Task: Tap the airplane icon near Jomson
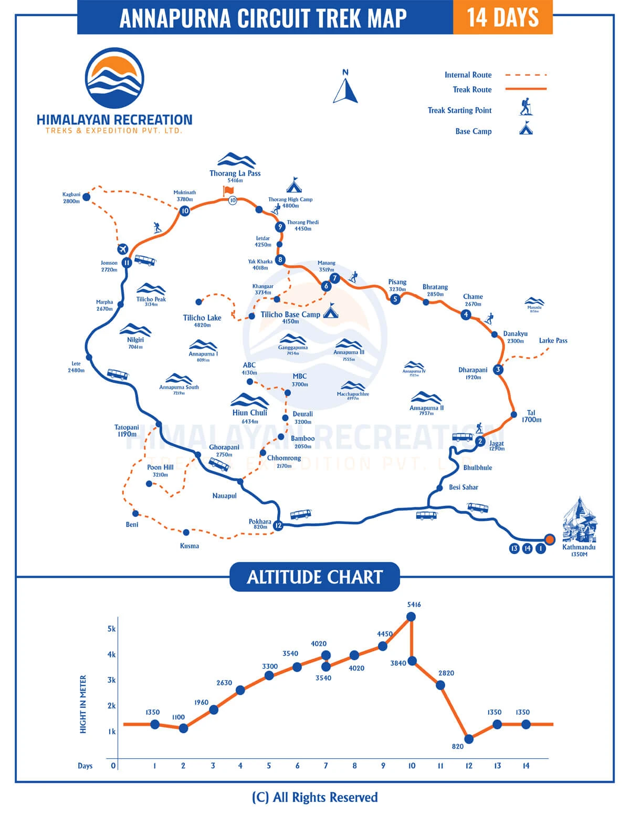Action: coord(123,248)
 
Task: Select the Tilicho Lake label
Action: coord(202,318)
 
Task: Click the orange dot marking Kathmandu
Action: coord(550,539)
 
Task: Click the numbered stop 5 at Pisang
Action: coord(395,299)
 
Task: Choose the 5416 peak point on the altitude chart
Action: coord(411,617)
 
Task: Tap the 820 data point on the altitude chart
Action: coord(469,739)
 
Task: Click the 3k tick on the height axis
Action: coord(112,680)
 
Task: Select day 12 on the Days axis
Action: coord(469,766)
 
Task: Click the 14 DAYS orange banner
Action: coord(502,17)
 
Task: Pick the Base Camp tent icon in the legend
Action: coord(526,129)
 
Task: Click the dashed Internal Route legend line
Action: coord(526,75)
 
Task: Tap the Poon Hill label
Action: coord(160,467)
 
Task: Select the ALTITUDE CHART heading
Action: coord(315,577)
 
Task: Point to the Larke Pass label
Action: coord(553,340)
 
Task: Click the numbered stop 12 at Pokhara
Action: coord(278,525)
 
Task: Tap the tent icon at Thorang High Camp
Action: coord(294,185)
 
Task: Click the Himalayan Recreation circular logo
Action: coord(114,79)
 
